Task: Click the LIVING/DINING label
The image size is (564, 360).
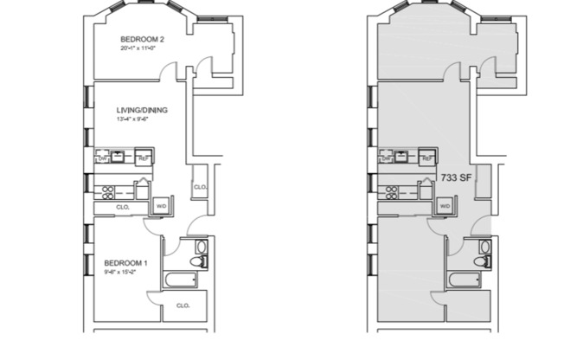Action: pyautogui.click(x=142, y=110)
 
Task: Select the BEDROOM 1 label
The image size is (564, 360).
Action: pyautogui.click(x=126, y=263)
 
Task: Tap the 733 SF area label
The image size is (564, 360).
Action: pyautogui.click(x=456, y=177)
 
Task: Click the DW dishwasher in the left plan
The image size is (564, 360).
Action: pyautogui.click(x=104, y=158)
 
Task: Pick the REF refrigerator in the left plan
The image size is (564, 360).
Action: pyautogui.click(x=144, y=158)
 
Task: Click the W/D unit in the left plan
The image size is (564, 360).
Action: pyautogui.click(x=161, y=206)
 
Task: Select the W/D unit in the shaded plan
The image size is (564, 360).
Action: pyautogui.click(x=445, y=206)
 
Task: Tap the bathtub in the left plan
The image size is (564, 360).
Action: pyautogui.click(x=183, y=279)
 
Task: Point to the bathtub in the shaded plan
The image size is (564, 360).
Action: pyautogui.click(x=466, y=279)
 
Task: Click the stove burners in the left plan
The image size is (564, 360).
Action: pyautogui.click(x=107, y=190)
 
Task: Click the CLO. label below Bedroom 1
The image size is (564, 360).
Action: pyautogui.click(x=183, y=305)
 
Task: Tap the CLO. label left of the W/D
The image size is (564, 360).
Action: pyautogui.click(x=123, y=208)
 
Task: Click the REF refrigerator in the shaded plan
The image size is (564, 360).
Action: pyautogui.click(x=427, y=158)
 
